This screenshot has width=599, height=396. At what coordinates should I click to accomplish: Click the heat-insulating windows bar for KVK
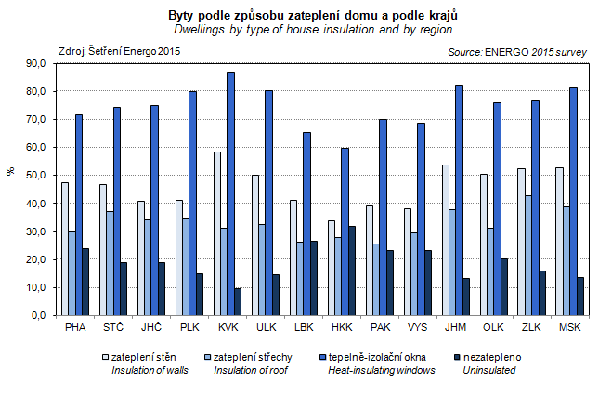(x=230, y=193)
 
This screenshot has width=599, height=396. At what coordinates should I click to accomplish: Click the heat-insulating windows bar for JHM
(x=459, y=200)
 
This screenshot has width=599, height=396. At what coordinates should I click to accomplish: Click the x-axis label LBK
(x=303, y=328)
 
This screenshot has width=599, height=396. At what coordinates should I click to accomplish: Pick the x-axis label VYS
(x=416, y=328)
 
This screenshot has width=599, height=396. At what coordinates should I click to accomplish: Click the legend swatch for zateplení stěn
(x=104, y=356)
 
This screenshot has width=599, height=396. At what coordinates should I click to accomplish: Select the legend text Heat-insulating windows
(x=382, y=370)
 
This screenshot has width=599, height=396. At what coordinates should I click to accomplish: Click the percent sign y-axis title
(x=11, y=171)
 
